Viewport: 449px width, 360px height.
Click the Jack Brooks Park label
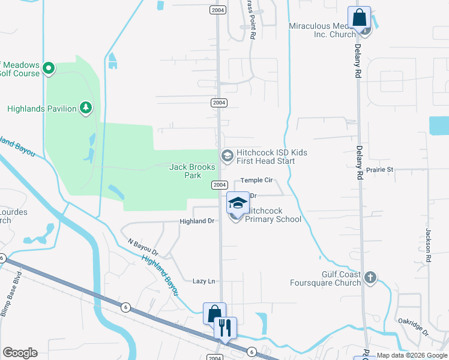click(x=185, y=171)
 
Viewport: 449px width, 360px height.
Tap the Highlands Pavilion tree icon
click(x=87, y=108)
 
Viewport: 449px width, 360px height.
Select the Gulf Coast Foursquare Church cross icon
click(x=370, y=277)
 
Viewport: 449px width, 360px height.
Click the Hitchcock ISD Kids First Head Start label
click(x=271, y=157)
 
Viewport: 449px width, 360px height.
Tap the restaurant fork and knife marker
click(x=225, y=328)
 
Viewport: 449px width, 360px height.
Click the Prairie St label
click(x=378, y=170)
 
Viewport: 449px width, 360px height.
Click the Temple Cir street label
click(x=257, y=180)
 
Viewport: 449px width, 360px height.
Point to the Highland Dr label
click(x=197, y=221)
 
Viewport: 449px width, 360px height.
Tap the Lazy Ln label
click(x=203, y=281)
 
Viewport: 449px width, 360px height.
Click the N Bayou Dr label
click(x=143, y=247)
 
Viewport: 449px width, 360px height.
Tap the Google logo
click(x=20, y=353)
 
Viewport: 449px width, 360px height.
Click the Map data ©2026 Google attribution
click(x=412, y=356)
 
